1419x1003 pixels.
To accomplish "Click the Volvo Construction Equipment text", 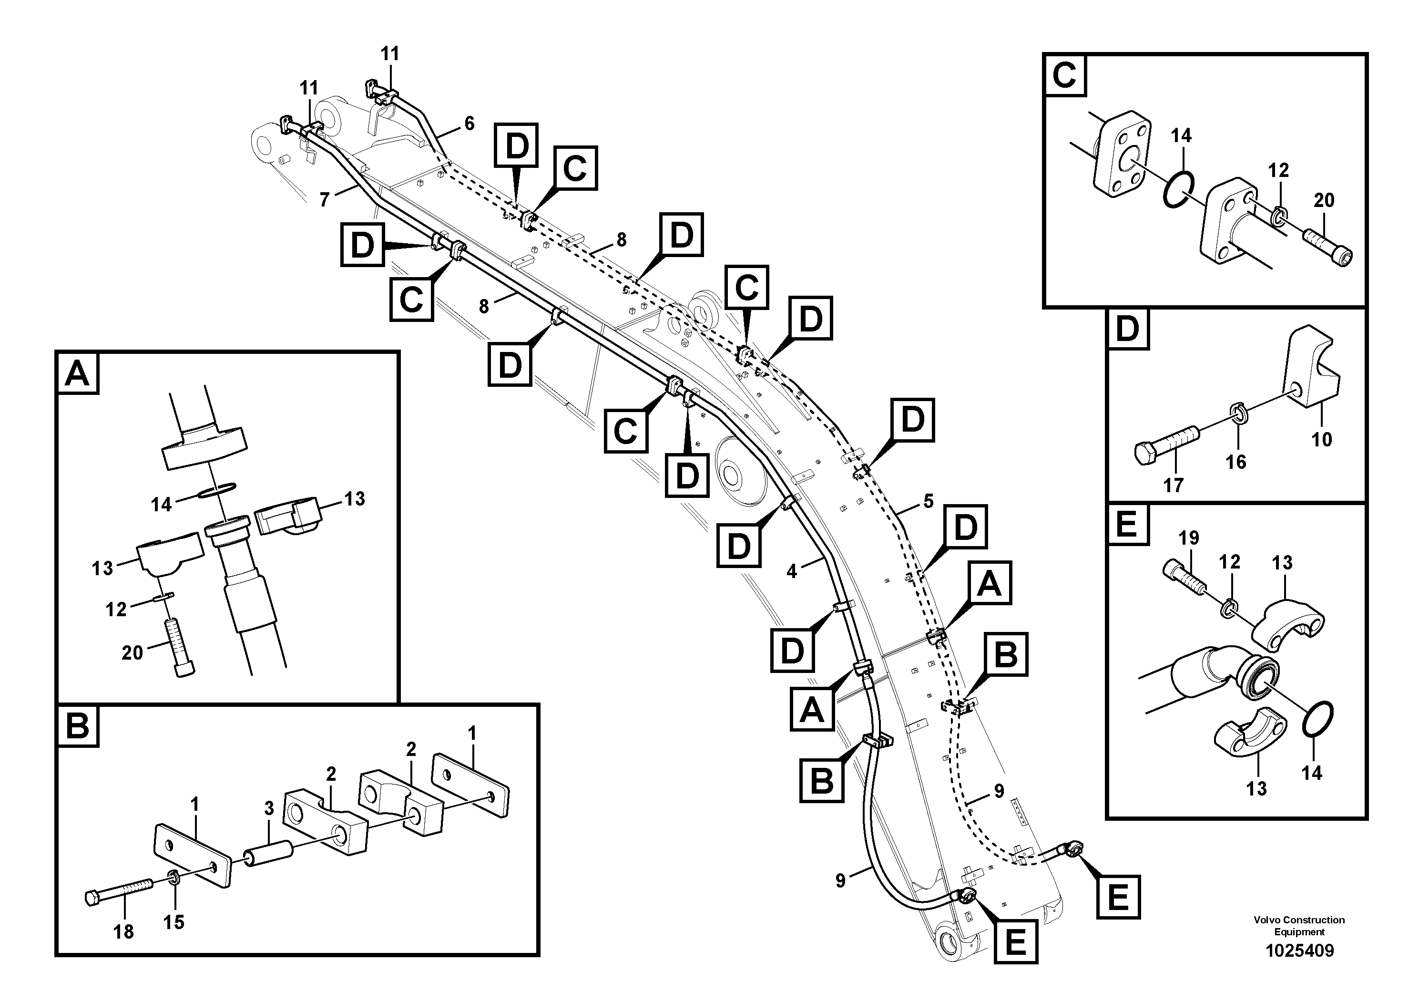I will pyautogui.click(x=1299, y=926).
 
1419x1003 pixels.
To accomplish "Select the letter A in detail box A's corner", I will pyautogui.click(x=77, y=373).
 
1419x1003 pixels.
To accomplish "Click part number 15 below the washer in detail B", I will pyautogui.click(x=174, y=922).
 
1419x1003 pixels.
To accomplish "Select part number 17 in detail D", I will pyautogui.click(x=1173, y=486).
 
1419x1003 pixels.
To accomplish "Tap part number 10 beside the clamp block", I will pyautogui.click(x=1321, y=440).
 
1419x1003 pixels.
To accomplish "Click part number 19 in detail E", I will pyautogui.click(x=1188, y=538).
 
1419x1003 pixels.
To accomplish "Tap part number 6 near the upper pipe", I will pyautogui.click(x=469, y=124).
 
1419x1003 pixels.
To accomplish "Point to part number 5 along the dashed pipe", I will pyautogui.click(x=928, y=501).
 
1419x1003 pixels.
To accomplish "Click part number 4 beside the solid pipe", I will pyautogui.click(x=792, y=571).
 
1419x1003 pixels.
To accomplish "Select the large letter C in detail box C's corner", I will pyautogui.click(x=1064, y=75).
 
